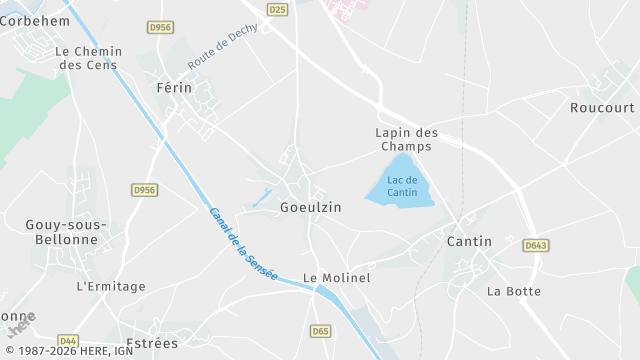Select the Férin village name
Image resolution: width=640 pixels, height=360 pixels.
click(x=173, y=88)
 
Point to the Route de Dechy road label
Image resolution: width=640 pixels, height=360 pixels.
click(x=222, y=46)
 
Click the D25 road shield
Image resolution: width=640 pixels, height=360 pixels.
click(x=277, y=9)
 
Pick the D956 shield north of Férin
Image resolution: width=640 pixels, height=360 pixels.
click(x=159, y=28)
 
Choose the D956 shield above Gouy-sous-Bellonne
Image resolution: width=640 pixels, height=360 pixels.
click(x=145, y=189)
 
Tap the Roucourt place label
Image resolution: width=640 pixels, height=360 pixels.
click(x=602, y=108)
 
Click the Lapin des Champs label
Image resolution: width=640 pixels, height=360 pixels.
click(x=407, y=139)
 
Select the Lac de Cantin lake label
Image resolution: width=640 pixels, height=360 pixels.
click(x=402, y=185)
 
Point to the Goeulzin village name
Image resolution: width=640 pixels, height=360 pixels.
click(x=311, y=207)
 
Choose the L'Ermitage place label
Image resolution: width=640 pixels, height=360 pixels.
click(x=111, y=286)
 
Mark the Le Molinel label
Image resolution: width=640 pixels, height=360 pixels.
click(x=337, y=278)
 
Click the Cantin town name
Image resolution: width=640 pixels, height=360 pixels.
click(x=469, y=241)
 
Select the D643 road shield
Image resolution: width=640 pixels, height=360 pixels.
click(x=535, y=244)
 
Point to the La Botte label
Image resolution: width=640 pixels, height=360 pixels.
click(x=514, y=291)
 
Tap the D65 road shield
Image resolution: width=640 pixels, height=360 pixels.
click(x=321, y=331)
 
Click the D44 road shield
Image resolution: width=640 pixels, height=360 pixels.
click(x=68, y=340)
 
